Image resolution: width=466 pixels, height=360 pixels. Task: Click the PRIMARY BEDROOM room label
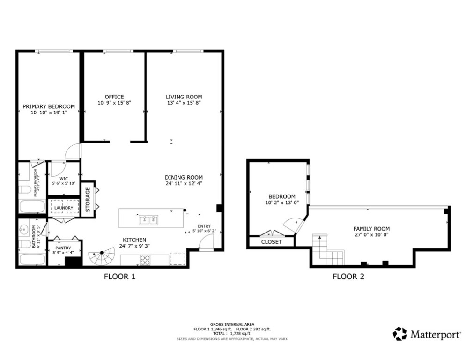pyautogui.click(x=49, y=106)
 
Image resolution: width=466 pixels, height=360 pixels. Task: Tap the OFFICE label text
pyautogui.click(x=114, y=97)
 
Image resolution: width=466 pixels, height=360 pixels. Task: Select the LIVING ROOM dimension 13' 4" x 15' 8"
pyautogui.click(x=184, y=103)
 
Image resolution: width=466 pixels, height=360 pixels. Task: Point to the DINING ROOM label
pyautogui.click(x=184, y=177)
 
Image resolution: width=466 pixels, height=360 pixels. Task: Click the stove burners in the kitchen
pyautogui.click(x=145, y=259)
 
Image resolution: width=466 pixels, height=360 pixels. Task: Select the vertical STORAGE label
pyautogui.click(x=88, y=199)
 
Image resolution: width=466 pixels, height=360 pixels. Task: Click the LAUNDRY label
pyautogui.click(x=64, y=208)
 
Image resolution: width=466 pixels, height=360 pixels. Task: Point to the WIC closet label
pyautogui.click(x=64, y=178)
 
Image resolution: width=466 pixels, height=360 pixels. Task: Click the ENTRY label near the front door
pyautogui.click(x=204, y=226)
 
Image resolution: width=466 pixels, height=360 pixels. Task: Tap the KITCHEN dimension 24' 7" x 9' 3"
pyautogui.click(x=135, y=246)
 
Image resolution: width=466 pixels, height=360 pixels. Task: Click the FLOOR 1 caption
pyautogui.click(x=119, y=277)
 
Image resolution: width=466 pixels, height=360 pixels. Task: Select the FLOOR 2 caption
pyautogui.click(x=348, y=277)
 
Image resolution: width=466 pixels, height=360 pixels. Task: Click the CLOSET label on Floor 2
pyautogui.click(x=271, y=242)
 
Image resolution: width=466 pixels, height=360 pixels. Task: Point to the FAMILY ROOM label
pyautogui.click(x=371, y=229)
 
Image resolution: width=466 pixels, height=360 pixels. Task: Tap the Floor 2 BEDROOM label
pyautogui.click(x=281, y=196)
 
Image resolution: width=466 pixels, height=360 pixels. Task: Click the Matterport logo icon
pyautogui.click(x=399, y=334)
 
